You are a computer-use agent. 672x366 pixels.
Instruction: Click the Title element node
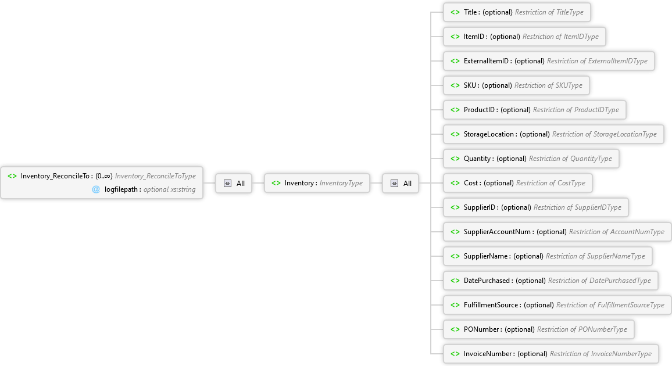coord(517,12)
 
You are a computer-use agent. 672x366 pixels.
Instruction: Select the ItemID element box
coord(524,37)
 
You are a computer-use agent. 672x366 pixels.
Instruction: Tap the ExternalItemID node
coord(549,61)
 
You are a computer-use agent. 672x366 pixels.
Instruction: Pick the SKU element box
coord(516,85)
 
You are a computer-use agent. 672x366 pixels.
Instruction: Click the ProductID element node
coord(535,110)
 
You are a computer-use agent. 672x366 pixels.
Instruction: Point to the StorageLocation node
coord(554,134)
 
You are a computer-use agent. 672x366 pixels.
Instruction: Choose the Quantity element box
coord(531,159)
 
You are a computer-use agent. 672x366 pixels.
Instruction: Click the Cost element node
coord(518,183)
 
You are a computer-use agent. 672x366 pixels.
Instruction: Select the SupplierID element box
coord(536,207)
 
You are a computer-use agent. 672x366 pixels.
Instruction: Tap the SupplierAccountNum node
coord(557,232)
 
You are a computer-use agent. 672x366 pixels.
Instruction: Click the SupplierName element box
coord(548,256)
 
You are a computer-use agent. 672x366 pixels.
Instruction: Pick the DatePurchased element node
coord(551,281)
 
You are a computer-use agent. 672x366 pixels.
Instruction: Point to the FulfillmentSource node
coord(557,305)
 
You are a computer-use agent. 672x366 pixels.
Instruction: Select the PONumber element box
coord(539,329)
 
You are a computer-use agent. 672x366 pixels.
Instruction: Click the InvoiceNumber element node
coord(551,354)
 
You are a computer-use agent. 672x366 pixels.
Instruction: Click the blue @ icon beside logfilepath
coord(96,189)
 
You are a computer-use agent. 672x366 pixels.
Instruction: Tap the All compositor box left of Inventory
coord(234,183)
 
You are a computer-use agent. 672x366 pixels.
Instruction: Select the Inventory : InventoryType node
coord(317,183)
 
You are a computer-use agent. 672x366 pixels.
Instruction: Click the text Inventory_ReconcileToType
coord(155,176)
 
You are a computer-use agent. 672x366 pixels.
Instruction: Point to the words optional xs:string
coord(169,189)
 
